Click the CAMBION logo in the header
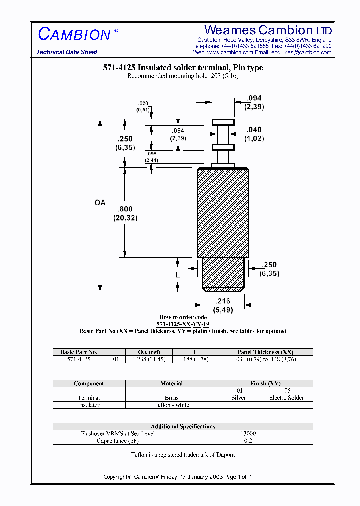coord(74,34)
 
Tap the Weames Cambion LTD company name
coord(268,30)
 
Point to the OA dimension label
coord(100,203)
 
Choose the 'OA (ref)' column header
coord(148,352)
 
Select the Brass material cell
coord(171,398)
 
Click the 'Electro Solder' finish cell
coord(286,398)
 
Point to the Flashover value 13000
coord(248,434)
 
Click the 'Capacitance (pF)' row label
coord(117,441)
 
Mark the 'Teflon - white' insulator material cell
coord(171,405)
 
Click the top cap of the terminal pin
coord(223,122)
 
